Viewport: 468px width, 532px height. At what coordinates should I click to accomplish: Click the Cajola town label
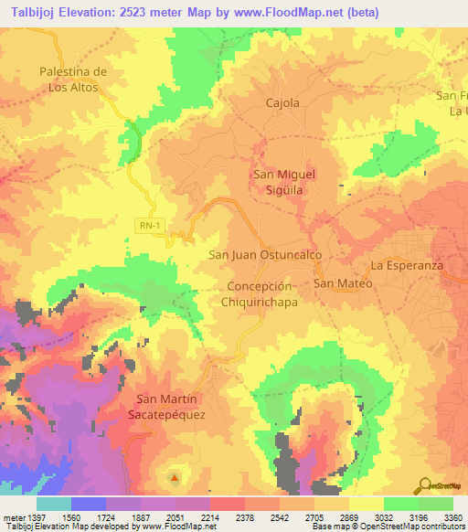click(282, 103)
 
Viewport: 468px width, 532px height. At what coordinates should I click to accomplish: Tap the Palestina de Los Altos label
click(74, 80)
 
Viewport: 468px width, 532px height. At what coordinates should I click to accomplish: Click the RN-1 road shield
click(154, 225)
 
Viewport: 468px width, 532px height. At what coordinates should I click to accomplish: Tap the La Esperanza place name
click(407, 265)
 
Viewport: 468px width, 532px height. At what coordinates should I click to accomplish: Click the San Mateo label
click(344, 283)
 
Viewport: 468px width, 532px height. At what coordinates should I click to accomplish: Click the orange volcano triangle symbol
click(175, 476)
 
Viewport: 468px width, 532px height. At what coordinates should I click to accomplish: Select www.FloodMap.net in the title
click(289, 12)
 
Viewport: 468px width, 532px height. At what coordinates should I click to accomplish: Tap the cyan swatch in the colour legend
click(53, 504)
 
